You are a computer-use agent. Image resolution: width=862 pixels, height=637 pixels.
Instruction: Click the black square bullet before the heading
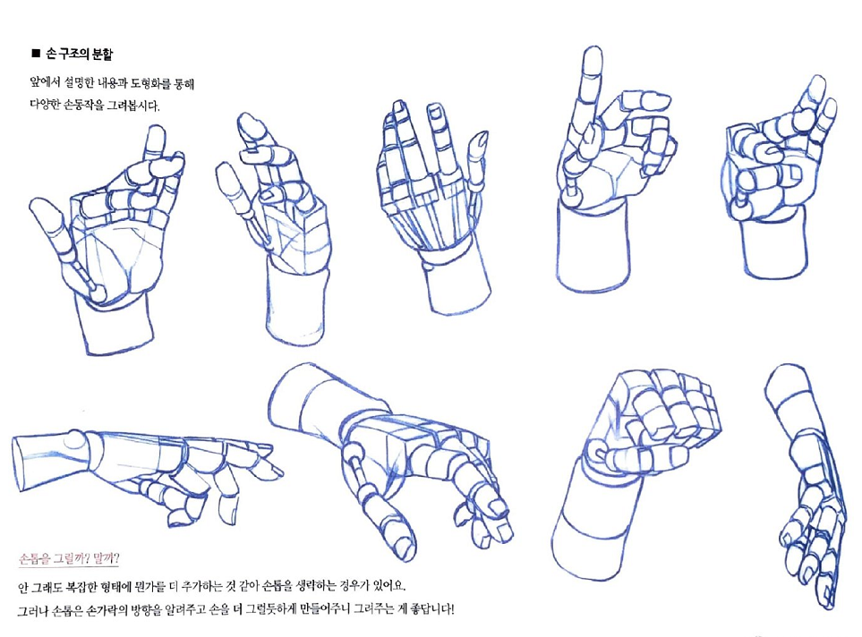(x=37, y=54)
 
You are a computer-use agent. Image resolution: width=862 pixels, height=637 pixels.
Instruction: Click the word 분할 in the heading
(x=103, y=54)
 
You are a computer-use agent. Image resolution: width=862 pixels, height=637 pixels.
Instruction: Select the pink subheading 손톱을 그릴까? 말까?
(x=69, y=559)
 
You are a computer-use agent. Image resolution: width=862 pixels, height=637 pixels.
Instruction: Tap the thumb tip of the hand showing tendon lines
(x=481, y=141)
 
